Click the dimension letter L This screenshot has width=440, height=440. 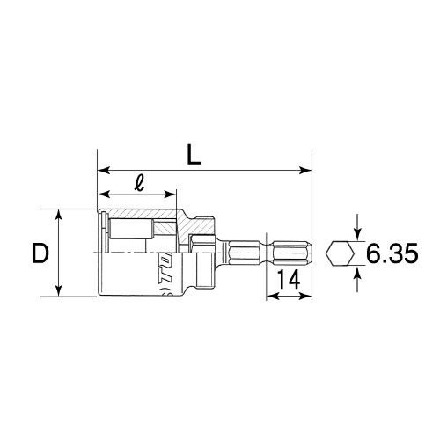(x=194, y=155)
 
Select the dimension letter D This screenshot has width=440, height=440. (x=40, y=253)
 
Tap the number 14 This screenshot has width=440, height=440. (x=289, y=279)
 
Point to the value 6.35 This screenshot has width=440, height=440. (x=392, y=253)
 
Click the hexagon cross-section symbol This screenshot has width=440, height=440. (x=341, y=253)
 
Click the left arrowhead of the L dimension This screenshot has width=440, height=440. (x=104, y=170)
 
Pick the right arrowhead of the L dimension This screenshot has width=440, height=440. (x=305, y=170)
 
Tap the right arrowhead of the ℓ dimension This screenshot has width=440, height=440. (x=170, y=194)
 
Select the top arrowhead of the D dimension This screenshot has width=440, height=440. (x=59, y=215)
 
